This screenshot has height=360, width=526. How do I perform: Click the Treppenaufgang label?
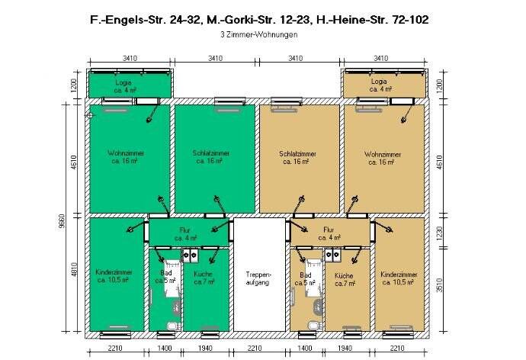click(258, 278)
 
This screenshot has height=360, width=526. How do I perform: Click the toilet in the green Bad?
click(173, 326)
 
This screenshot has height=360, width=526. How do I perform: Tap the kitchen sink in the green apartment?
click(190, 256)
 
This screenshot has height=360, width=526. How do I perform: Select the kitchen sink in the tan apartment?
click(333, 256)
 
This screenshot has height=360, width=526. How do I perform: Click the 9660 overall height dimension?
click(62, 221)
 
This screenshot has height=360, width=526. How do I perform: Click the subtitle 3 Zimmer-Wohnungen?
click(258, 34)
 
